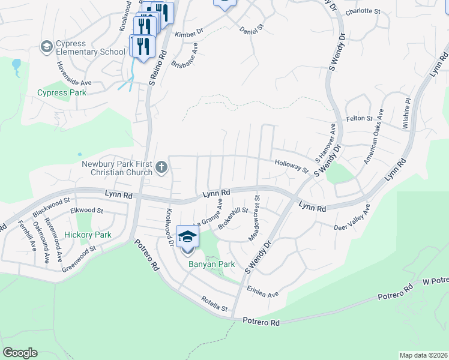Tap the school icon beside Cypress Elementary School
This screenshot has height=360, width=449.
(x=46, y=46)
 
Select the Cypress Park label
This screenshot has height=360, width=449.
(x=62, y=92)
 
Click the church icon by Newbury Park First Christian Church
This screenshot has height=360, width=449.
(x=161, y=167)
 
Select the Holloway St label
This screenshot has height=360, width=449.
(x=292, y=166)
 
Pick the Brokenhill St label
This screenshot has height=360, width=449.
(x=233, y=218)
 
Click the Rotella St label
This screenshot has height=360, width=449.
(x=215, y=304)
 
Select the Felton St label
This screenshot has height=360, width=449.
(x=360, y=119)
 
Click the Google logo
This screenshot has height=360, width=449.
(x=20, y=352)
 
